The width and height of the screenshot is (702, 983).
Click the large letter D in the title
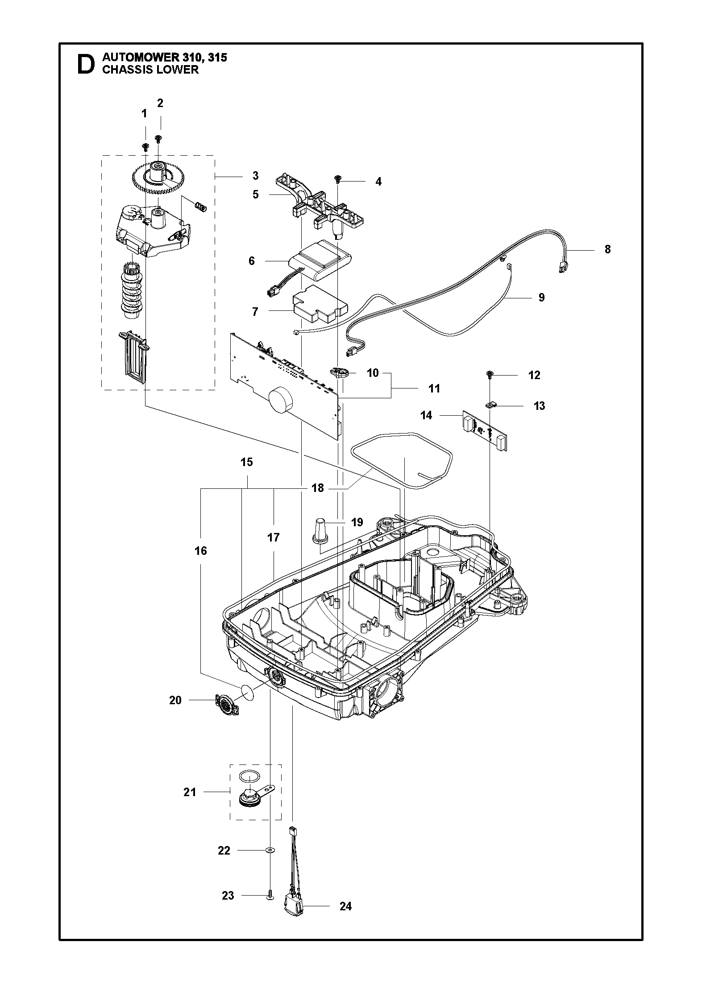(86, 64)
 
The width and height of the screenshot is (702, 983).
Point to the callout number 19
(357, 522)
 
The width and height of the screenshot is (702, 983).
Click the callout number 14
(426, 415)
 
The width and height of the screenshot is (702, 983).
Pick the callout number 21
(190, 792)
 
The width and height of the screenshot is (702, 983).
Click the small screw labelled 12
(490, 374)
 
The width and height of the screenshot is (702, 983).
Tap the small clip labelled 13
(490, 405)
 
